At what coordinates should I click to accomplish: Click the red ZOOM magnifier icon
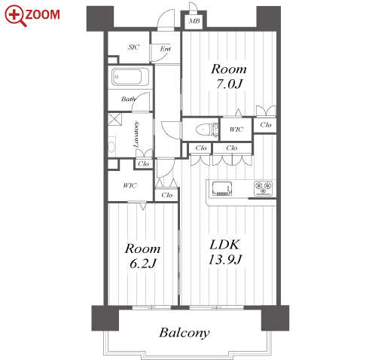[16, 16]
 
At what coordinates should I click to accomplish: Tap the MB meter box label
[194, 21]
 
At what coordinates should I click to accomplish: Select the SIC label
[134, 47]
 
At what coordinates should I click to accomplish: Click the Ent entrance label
[166, 49]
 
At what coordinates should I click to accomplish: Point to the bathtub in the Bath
[127, 77]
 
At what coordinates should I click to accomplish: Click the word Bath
[129, 99]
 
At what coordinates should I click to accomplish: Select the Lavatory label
[136, 134]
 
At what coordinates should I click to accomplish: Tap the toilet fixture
[206, 130]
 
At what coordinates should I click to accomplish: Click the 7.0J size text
[230, 84]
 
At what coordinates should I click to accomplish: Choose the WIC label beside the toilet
[236, 130]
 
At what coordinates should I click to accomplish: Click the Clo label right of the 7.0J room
[266, 125]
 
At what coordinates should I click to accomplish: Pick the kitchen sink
[222, 188]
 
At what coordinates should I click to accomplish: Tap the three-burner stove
[263, 188]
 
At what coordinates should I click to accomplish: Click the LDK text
[224, 245]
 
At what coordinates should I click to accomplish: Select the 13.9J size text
[225, 260]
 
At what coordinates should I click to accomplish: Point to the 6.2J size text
[143, 264]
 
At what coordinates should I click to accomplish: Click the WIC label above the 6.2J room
[130, 186]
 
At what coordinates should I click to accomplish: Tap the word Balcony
[184, 333]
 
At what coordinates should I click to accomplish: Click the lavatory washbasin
[111, 147]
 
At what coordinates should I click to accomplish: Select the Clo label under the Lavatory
[143, 164]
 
